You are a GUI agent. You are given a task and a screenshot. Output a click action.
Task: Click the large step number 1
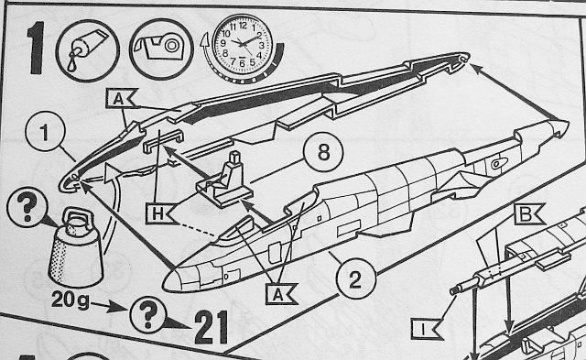(x=37, y=48)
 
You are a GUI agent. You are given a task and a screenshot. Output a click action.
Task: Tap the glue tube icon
(x=88, y=50)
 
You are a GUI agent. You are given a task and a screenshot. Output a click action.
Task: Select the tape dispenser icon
(x=161, y=49)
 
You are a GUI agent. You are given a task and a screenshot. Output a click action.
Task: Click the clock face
(x=243, y=45)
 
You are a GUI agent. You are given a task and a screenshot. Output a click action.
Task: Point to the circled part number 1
(x=45, y=132)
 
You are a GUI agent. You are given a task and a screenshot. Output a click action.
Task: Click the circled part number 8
(x=323, y=153)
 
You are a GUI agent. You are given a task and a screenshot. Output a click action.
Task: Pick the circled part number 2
(x=355, y=278)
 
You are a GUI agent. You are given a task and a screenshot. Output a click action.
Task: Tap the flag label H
(x=159, y=213)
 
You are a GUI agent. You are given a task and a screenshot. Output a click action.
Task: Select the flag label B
(x=528, y=214)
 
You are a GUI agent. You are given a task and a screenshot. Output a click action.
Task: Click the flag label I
(x=425, y=329)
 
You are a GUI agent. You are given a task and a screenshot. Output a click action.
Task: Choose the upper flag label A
(x=120, y=98)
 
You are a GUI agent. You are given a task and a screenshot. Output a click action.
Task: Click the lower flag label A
(x=280, y=293)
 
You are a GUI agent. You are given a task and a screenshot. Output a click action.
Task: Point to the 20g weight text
(x=71, y=300)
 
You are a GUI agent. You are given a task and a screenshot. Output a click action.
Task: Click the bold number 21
(x=212, y=327)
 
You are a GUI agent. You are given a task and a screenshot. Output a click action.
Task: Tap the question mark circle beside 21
(x=148, y=315)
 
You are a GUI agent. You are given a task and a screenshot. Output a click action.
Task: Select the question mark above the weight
(x=27, y=207)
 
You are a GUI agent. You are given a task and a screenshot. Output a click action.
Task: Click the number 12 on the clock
(x=243, y=26)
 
